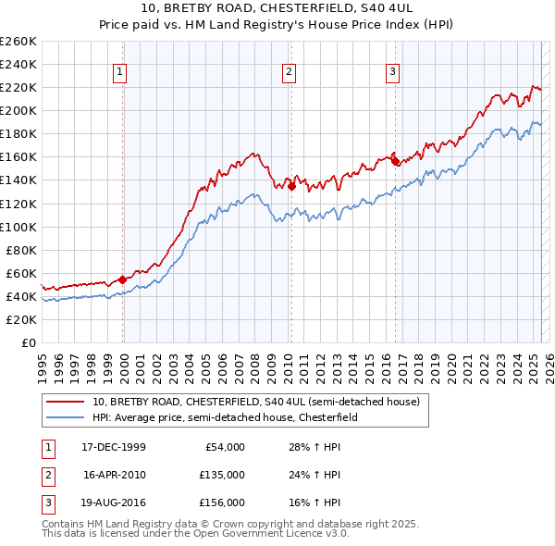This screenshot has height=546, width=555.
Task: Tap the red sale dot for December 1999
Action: click(x=123, y=279)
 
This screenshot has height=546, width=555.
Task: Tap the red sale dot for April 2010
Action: click(x=291, y=185)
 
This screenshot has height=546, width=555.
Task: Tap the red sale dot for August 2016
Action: click(x=395, y=161)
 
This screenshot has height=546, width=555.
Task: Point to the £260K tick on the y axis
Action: click(x=18, y=42)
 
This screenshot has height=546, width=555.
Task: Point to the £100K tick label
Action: click(x=18, y=227)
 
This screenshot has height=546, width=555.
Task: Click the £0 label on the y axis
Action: click(x=28, y=342)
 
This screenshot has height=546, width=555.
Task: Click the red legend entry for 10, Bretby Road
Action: click(x=256, y=402)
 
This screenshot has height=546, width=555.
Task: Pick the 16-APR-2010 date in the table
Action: click(x=115, y=475)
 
